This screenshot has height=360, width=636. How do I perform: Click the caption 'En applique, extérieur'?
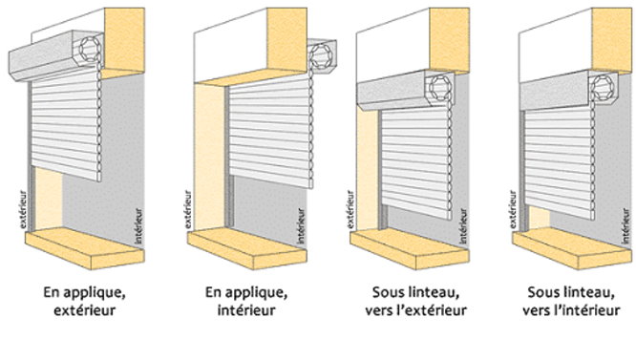coord(84,301)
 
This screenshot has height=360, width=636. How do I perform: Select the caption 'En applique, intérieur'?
coord(246,301)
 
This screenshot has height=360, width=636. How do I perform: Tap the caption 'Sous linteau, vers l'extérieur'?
coord(415,301)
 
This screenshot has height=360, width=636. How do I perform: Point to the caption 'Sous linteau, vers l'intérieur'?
coord(571,301)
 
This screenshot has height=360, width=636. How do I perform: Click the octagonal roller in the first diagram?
coord(90,49)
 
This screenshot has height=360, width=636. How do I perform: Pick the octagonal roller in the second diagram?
coord(321,55)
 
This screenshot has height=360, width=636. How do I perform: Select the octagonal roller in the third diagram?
coord(439,86)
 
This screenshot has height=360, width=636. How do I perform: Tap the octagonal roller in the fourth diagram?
coord(603,87)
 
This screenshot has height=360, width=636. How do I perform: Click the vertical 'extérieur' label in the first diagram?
coord(24,209)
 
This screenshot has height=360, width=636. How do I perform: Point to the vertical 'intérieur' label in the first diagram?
coord(139,226)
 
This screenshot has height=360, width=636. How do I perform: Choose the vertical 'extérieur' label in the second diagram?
coord(188,209)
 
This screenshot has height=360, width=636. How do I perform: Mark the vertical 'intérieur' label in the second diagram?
coord(302,226)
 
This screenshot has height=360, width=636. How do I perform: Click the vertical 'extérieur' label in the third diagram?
coord(350,209)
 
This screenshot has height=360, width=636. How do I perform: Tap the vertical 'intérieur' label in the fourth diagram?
coord(626,226)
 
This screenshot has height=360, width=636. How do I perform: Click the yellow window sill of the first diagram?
coord(85,248)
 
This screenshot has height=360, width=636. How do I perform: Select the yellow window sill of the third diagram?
coord(410,248)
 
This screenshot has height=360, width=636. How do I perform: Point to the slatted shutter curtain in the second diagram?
coord(271,132)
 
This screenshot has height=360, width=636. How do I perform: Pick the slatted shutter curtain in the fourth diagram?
coord(561,162)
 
